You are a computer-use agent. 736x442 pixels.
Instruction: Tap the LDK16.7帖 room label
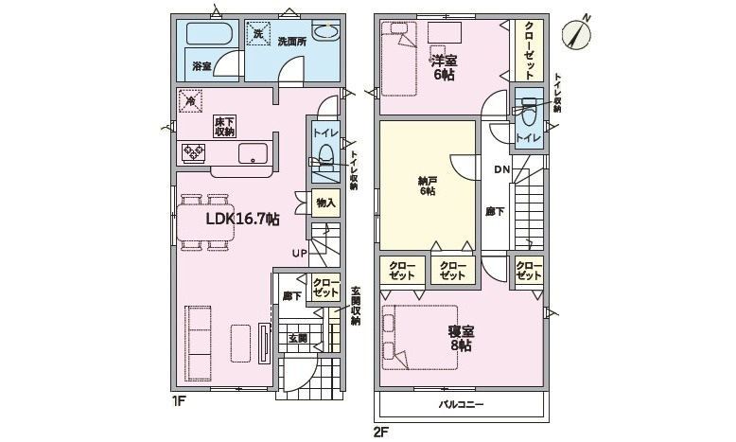(243, 219)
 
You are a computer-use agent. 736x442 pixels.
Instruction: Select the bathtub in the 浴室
(209, 34)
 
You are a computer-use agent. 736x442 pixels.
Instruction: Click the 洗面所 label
(292, 42)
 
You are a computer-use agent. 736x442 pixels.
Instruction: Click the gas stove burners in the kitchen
(194, 152)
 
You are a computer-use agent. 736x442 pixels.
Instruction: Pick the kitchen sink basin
(253, 153)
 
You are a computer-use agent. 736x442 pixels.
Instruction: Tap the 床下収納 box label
(225, 127)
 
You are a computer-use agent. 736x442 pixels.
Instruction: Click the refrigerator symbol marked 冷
(190, 101)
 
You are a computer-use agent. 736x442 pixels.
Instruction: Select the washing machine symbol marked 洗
(258, 34)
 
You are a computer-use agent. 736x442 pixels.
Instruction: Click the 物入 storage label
(325, 203)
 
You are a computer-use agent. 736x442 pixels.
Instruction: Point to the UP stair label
(300, 254)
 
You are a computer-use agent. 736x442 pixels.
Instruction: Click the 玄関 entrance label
(298, 338)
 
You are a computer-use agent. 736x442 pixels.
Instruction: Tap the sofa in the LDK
(199, 342)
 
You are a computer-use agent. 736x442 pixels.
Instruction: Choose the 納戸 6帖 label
(428, 186)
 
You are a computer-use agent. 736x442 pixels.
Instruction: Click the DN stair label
(501, 170)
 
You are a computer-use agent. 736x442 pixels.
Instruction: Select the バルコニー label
(461, 404)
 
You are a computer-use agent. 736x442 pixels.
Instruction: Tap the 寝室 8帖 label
(461, 339)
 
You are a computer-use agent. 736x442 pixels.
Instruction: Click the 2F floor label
(380, 432)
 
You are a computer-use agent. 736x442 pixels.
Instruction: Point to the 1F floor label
(179, 401)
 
